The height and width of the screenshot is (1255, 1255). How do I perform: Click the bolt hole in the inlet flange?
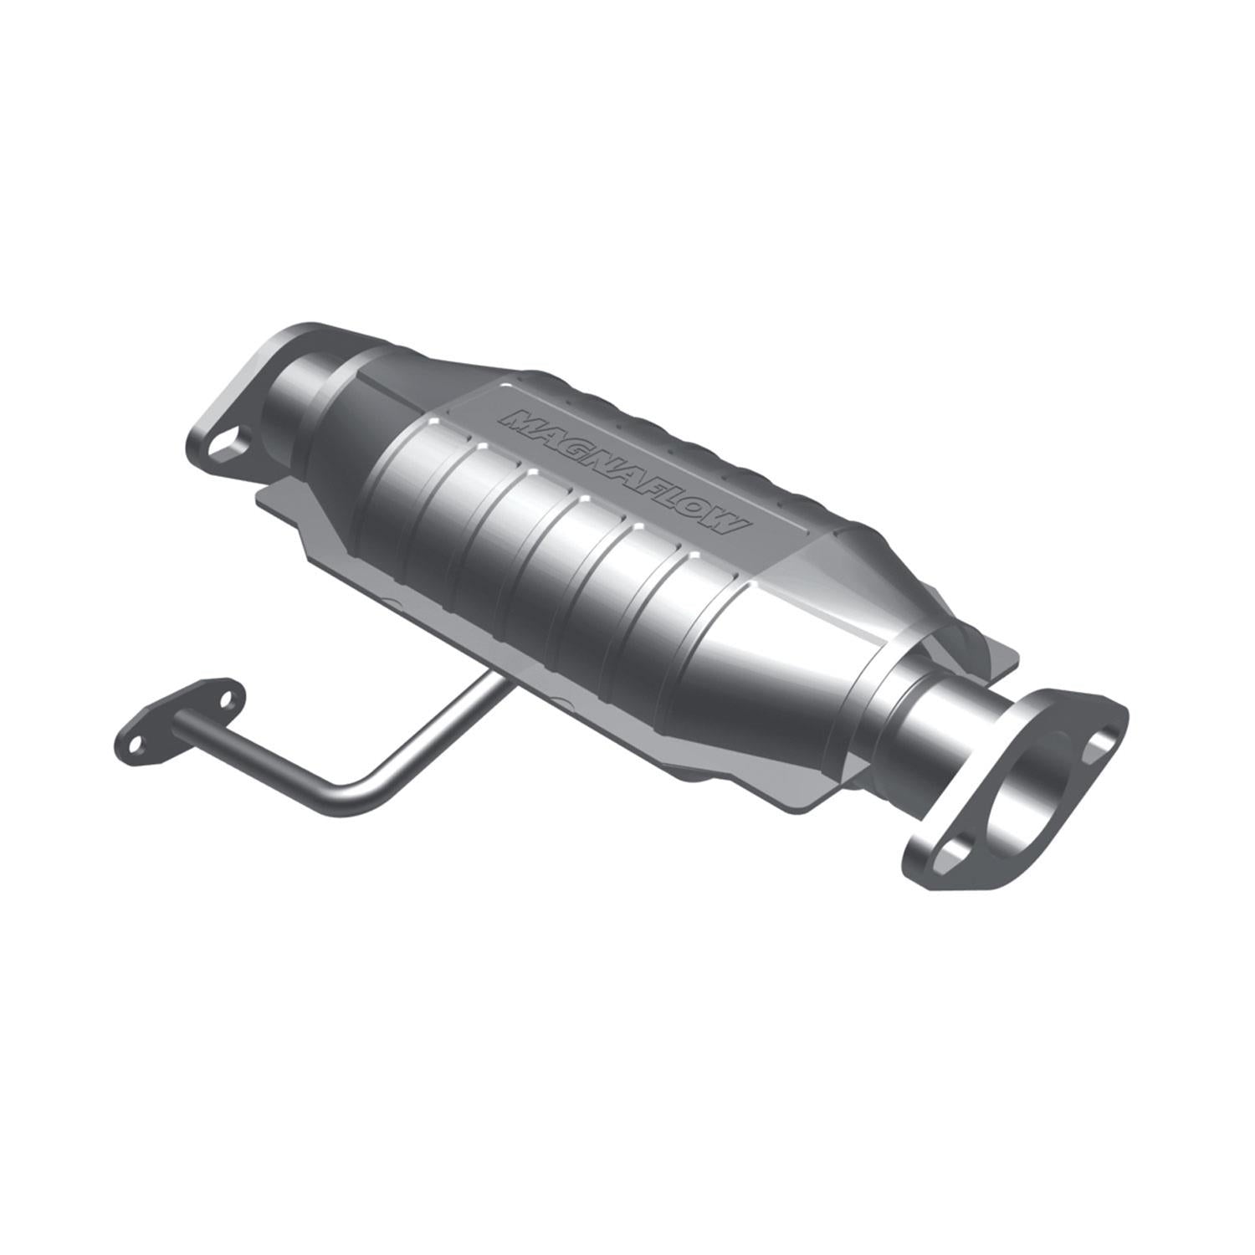pyautogui.click(x=225, y=441)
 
